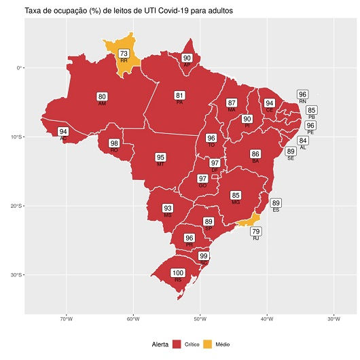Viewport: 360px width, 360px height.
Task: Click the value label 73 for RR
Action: [124, 54]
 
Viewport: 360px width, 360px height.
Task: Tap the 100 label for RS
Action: [178, 273]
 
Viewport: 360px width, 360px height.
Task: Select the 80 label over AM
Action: [102, 96]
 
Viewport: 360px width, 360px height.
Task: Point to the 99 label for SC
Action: [204, 256]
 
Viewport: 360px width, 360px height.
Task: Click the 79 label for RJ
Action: [256, 232]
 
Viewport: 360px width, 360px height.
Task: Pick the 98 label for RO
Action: [114, 143]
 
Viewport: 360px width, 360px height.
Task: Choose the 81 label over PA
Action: [180, 95]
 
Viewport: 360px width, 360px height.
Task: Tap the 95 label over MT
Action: [160, 158]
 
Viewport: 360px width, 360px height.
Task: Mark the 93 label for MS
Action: [168, 208]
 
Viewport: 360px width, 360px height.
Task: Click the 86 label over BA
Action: [255, 154]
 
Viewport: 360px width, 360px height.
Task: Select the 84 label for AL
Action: [303, 141]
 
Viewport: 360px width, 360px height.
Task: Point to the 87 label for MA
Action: [232, 103]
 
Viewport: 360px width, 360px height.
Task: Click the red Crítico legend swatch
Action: [177, 345]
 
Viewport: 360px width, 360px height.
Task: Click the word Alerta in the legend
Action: [160, 345]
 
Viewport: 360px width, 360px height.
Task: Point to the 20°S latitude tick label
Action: [15, 206]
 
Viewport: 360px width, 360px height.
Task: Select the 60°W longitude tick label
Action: [132, 320]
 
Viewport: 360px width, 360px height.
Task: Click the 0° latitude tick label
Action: [20, 68]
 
